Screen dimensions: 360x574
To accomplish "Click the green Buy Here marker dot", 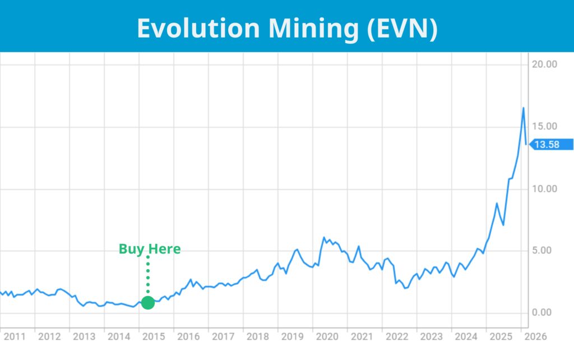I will tap(148, 303).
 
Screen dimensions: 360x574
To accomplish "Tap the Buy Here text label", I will tap(150, 249).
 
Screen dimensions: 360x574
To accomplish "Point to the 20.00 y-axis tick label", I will tap(544, 64).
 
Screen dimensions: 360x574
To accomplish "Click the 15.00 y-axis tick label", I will tap(544, 127).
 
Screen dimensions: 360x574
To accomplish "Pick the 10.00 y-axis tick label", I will tap(544, 189).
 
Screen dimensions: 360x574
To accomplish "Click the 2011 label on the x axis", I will tap(15, 337).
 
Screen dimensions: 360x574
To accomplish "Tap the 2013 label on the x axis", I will tap(84, 337).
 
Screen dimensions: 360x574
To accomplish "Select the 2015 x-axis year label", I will tap(154, 337).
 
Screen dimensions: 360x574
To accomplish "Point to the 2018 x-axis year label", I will tap(257, 337).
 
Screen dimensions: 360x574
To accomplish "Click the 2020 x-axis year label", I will tap(327, 337).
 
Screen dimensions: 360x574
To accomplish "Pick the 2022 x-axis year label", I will tap(396, 337).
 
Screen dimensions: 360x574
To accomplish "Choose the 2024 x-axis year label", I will tap(466, 337).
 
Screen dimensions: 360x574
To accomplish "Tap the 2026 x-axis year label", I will tap(535, 337).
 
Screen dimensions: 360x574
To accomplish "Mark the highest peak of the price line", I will tap(524, 108).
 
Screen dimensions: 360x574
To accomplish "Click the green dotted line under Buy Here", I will tap(148, 275).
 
